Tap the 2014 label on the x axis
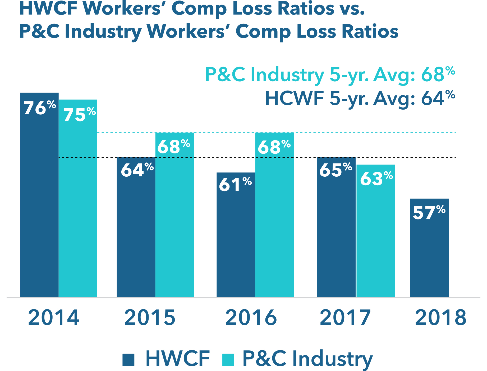tap(54, 318)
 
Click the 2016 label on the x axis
tap(251, 318)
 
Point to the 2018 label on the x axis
tap(441, 318)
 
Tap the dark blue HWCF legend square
tap(128, 360)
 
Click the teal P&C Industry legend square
tap(228, 360)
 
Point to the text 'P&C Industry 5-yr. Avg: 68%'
tap(330, 74)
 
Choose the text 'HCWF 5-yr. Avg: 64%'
tap(360, 98)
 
